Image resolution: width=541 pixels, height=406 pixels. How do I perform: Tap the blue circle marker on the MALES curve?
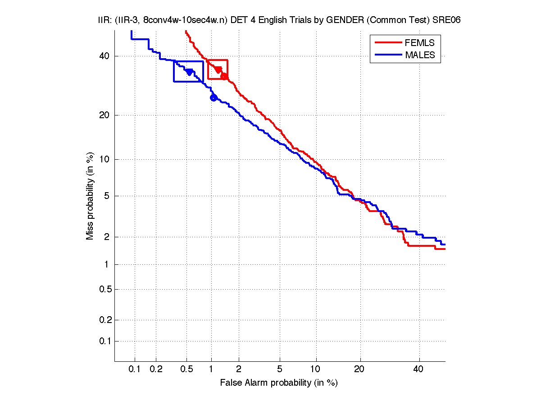[214, 97]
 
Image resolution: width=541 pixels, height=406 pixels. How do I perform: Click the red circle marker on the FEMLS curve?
[224, 76]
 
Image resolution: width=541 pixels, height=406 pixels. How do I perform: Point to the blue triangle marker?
[190, 72]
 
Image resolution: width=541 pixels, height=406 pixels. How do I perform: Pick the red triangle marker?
[218, 69]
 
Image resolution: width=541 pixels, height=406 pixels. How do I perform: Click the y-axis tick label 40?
[104, 56]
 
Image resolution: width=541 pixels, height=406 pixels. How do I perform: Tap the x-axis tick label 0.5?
[186, 369]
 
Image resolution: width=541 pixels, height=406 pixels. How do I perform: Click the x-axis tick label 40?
[418, 369]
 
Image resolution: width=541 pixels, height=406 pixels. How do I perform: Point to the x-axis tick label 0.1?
[135, 369]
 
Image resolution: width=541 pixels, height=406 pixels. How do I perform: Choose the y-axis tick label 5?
[106, 196]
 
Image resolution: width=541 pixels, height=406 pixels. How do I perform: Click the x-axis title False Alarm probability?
[279, 383]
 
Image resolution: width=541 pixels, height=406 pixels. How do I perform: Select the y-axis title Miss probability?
[91, 196]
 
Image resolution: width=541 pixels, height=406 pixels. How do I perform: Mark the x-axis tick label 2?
[239, 369]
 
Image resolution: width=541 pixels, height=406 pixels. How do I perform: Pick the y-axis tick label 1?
[106, 264]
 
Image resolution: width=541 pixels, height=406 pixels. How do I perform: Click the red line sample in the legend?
[387, 43]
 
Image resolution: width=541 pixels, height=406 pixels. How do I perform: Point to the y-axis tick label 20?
[104, 115]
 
